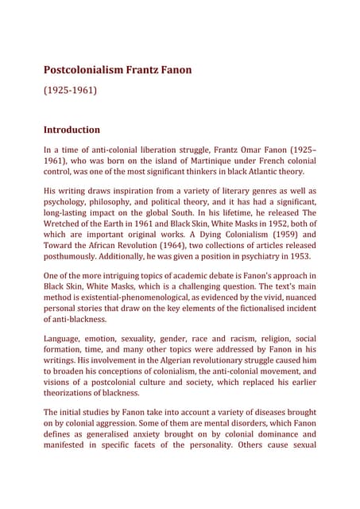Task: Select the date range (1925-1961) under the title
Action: coord(70,91)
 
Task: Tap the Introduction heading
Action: coord(72,129)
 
